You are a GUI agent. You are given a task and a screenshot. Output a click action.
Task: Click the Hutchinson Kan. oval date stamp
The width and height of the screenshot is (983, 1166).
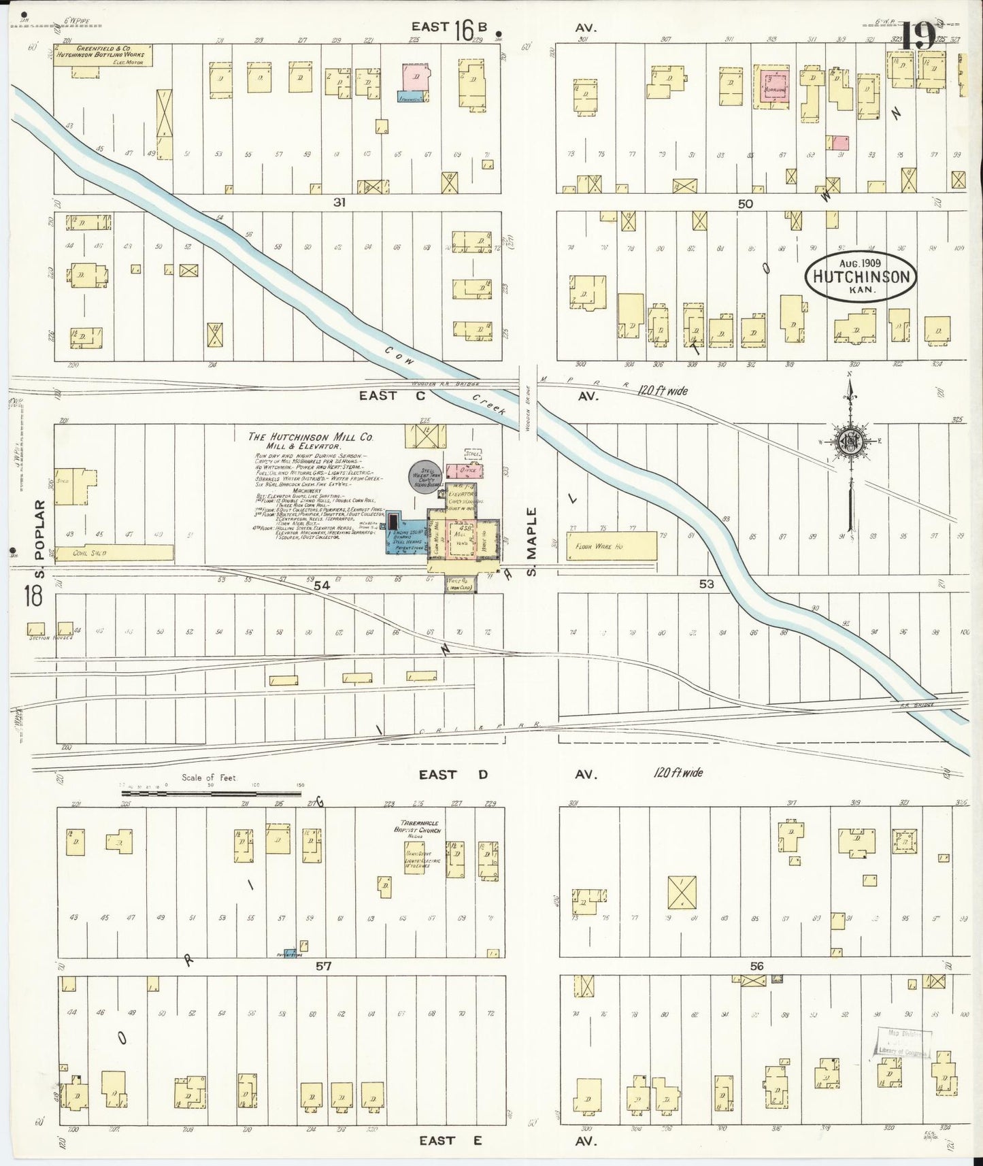tap(861, 278)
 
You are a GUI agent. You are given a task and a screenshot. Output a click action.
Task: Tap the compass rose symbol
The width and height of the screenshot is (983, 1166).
tap(850, 442)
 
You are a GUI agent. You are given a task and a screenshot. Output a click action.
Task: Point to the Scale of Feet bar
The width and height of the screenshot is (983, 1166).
tap(211, 792)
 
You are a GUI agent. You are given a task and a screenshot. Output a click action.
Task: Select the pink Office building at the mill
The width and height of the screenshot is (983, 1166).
tap(471, 471)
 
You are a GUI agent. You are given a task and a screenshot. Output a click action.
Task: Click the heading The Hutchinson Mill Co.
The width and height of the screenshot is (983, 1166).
tap(311, 438)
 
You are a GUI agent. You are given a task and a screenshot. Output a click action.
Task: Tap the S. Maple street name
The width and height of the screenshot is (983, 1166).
tap(532, 542)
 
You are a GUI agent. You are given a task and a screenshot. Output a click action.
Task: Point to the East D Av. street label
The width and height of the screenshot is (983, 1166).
tap(507, 775)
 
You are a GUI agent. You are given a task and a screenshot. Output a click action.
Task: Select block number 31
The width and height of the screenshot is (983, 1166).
tap(339, 202)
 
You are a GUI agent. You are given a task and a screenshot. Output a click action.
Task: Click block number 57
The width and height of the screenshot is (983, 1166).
tap(324, 965)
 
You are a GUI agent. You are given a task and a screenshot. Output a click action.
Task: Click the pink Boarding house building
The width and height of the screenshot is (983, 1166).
tap(773, 88)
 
